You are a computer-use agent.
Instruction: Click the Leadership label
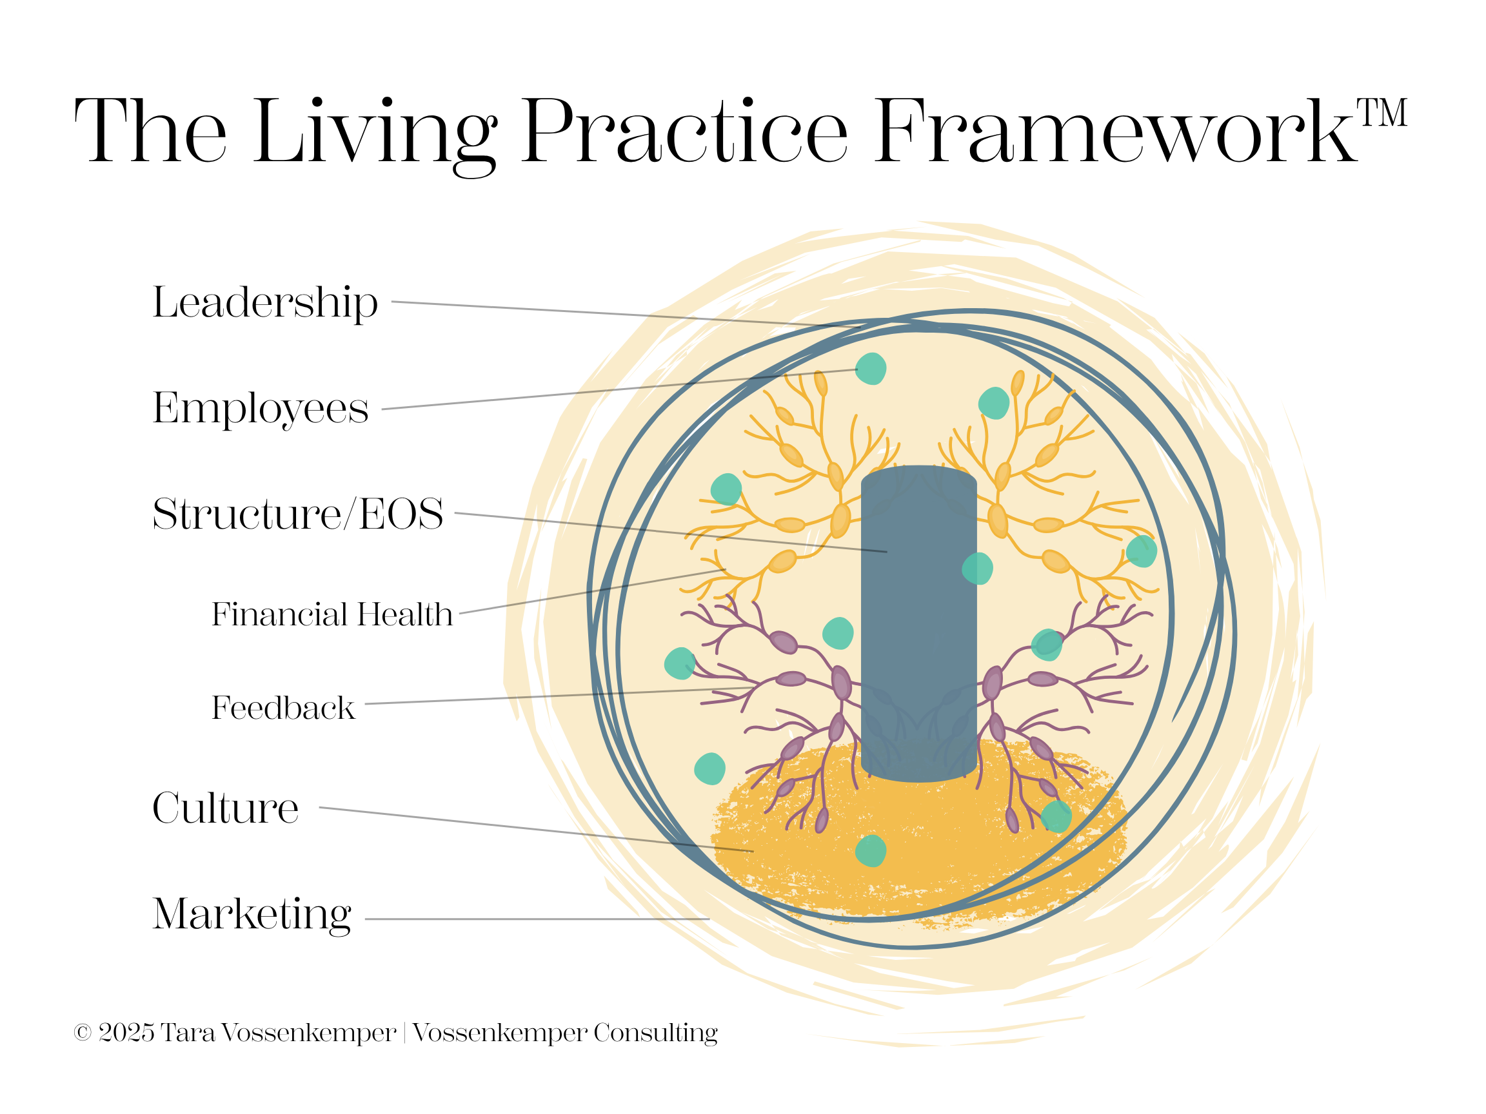click(x=265, y=303)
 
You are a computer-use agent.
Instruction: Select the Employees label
click(x=261, y=408)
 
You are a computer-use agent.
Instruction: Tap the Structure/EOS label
click(x=297, y=514)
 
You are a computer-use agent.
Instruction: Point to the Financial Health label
click(x=332, y=614)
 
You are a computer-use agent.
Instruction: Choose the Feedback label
click(x=283, y=708)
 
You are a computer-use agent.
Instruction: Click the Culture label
click(x=226, y=808)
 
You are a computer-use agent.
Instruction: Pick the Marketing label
click(x=252, y=914)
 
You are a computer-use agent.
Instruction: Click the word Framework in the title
click(x=1115, y=131)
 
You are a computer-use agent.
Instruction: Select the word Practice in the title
click(x=684, y=131)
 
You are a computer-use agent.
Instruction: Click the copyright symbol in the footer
click(x=82, y=1033)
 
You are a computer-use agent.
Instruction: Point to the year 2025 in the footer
click(x=126, y=1033)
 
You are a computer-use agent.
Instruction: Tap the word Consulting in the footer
click(x=655, y=1033)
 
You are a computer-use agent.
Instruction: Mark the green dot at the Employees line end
click(x=871, y=369)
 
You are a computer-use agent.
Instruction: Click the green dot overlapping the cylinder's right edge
click(x=978, y=568)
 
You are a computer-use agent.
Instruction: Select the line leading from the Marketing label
click(x=537, y=919)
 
